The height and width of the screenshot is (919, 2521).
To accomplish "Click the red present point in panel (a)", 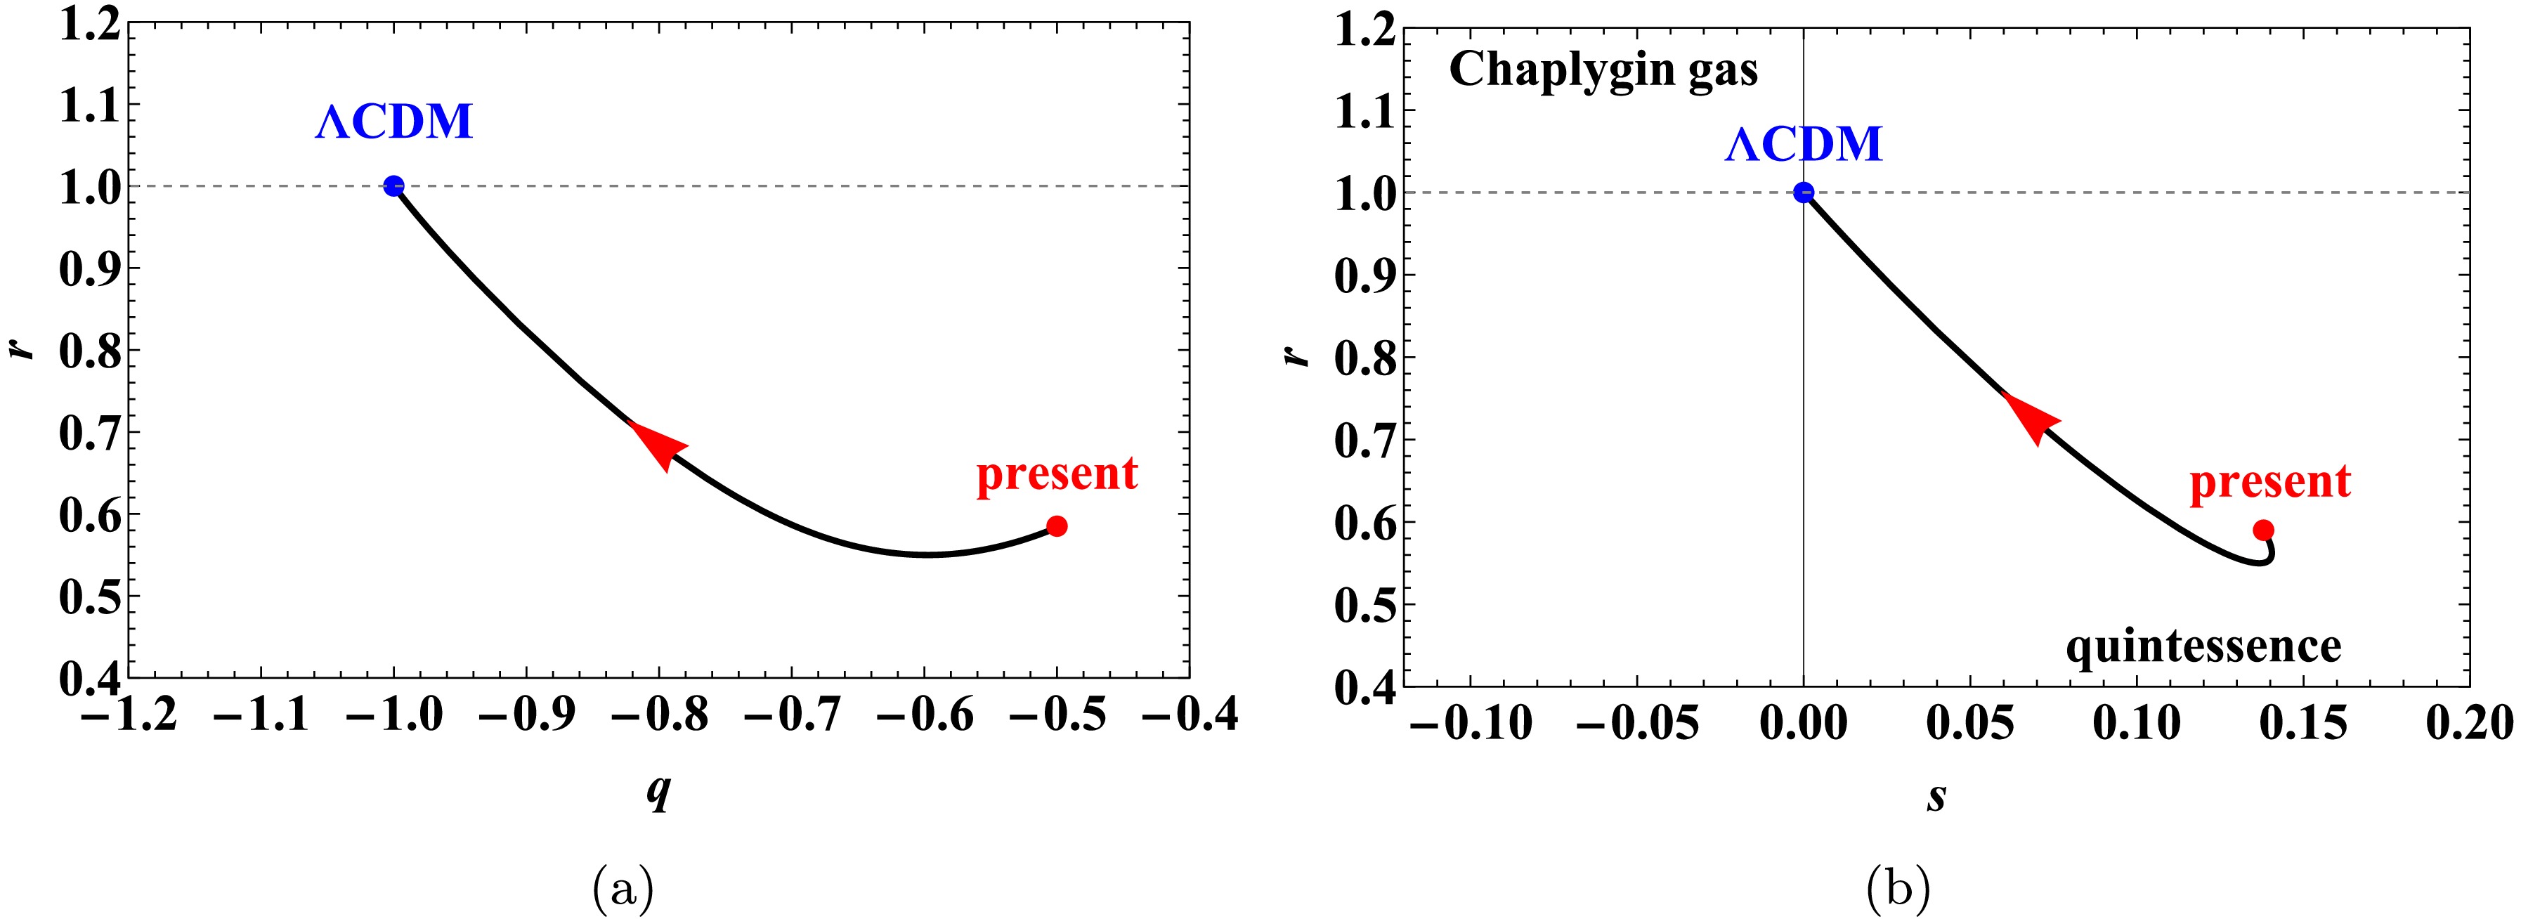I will point(1056,526).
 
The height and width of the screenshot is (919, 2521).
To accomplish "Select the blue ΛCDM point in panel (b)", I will point(1803,193).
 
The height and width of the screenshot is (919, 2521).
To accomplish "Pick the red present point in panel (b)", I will point(2262,530).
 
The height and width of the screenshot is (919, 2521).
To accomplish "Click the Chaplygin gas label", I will point(1603,70).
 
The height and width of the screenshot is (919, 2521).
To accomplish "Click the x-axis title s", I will point(1936,797).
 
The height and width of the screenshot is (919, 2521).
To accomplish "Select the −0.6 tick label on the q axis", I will point(925,717).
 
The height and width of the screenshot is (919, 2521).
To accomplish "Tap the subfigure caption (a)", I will point(623,889).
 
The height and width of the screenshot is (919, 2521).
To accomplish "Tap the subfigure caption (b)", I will point(1898,889).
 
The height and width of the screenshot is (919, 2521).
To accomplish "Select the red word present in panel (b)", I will point(2269,481).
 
